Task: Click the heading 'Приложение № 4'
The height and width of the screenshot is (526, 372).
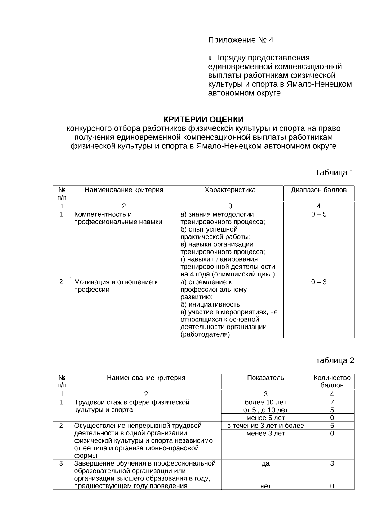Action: tap(241, 40)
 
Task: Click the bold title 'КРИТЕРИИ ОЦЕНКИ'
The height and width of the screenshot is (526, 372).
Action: tap(203, 119)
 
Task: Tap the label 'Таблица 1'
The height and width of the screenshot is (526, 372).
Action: tap(334, 172)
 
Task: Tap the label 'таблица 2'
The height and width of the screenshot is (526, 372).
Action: tap(335, 360)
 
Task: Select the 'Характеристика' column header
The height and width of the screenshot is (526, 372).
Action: tap(230, 190)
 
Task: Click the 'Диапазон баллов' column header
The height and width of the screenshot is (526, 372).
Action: tap(318, 190)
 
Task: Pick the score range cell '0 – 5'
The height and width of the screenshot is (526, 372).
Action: tap(319, 214)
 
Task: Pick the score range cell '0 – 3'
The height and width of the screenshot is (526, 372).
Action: tap(319, 282)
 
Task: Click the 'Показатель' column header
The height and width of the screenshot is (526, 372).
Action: tap(265, 378)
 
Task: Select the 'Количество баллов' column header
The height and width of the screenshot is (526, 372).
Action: tap(332, 382)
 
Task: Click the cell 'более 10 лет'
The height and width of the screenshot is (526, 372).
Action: tap(265, 402)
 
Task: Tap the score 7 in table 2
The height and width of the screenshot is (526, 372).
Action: tap(332, 402)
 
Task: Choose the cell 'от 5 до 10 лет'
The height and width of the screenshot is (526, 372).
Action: tap(265, 410)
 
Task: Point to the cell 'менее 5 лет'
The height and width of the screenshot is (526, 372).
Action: tap(265, 418)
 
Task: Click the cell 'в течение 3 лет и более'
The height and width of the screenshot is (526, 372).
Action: tap(265, 426)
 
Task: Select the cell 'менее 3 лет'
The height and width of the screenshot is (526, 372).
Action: tap(265, 433)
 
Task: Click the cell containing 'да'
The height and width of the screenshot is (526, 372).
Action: tap(265, 464)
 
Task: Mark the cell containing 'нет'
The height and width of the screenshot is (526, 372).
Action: tap(265, 486)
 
